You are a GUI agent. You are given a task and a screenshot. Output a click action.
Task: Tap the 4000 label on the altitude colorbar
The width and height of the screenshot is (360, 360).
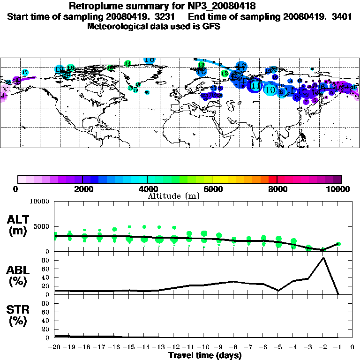pyautogui.click(x=147, y=189)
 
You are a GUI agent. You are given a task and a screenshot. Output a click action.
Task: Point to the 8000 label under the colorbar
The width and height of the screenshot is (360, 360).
pyautogui.click(x=277, y=189)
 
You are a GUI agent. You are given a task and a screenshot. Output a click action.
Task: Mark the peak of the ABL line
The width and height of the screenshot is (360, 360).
pyautogui.click(x=323, y=258)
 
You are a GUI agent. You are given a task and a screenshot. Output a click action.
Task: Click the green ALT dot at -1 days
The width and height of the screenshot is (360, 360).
pyautogui.click(x=338, y=244)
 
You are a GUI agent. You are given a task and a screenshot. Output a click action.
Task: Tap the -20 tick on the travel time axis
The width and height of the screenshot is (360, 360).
pyautogui.click(x=55, y=348)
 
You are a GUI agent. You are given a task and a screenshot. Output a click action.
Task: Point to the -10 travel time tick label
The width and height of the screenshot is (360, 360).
pyautogui.click(x=203, y=348)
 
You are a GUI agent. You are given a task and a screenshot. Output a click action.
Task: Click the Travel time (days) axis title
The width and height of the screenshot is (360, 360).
pyautogui.click(x=205, y=356)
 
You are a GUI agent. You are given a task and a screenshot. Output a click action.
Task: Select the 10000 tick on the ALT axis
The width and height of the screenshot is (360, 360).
pyautogui.click(x=39, y=202)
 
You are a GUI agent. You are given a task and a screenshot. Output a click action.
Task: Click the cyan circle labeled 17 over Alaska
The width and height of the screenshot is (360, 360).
pyautogui.click(x=25, y=73)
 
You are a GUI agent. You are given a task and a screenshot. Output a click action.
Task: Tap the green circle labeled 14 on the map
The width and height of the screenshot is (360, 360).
pyautogui.click(x=128, y=63)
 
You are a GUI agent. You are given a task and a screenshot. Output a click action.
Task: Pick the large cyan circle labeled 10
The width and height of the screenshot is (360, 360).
pyautogui.click(x=270, y=90)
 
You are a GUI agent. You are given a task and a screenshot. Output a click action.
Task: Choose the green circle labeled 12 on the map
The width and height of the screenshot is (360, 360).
pyautogui.click(x=225, y=74)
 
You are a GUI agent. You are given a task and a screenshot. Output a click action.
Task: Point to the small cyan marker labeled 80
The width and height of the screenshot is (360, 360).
pyautogui.click(x=147, y=92)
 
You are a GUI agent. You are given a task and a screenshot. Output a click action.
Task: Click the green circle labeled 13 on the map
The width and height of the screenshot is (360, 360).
pyautogui.click(x=201, y=65)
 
